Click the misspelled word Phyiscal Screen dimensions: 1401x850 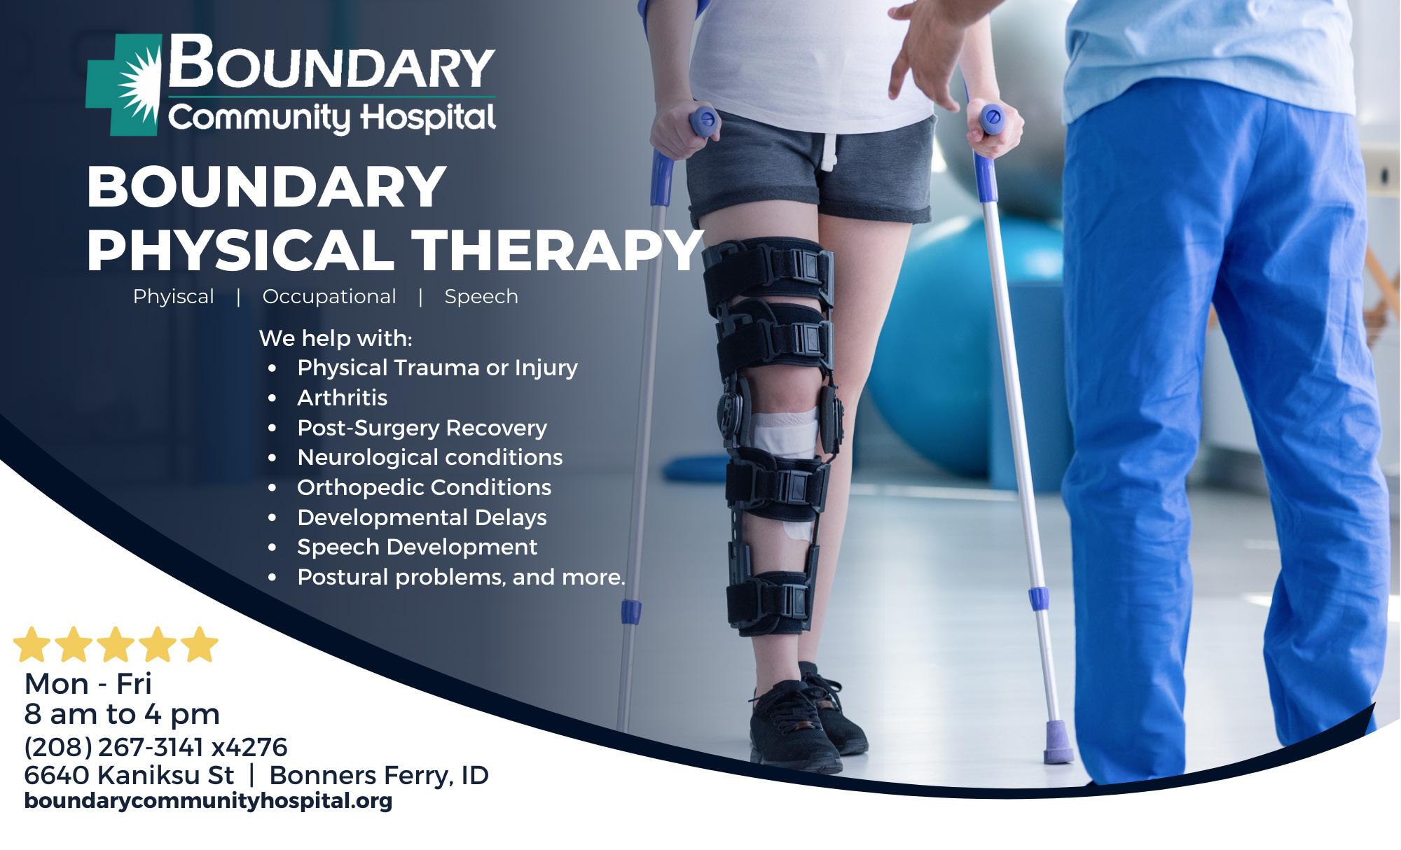[174, 297]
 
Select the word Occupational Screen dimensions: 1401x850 [329, 297]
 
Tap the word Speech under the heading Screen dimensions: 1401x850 [481, 297]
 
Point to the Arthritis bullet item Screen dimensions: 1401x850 [342, 398]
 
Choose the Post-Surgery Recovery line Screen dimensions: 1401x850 [422, 428]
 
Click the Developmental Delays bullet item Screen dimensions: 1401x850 [422, 517]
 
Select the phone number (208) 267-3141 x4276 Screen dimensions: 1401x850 [156, 747]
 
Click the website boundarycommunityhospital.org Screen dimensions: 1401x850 [208, 801]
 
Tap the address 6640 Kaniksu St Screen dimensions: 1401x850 [129, 775]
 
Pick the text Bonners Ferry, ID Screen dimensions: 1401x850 [379, 775]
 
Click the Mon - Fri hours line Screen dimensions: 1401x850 [88, 683]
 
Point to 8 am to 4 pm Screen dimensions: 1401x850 [122, 714]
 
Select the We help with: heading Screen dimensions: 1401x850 [336, 338]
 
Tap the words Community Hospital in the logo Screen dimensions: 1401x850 [332, 118]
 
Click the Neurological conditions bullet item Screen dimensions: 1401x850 [430, 457]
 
